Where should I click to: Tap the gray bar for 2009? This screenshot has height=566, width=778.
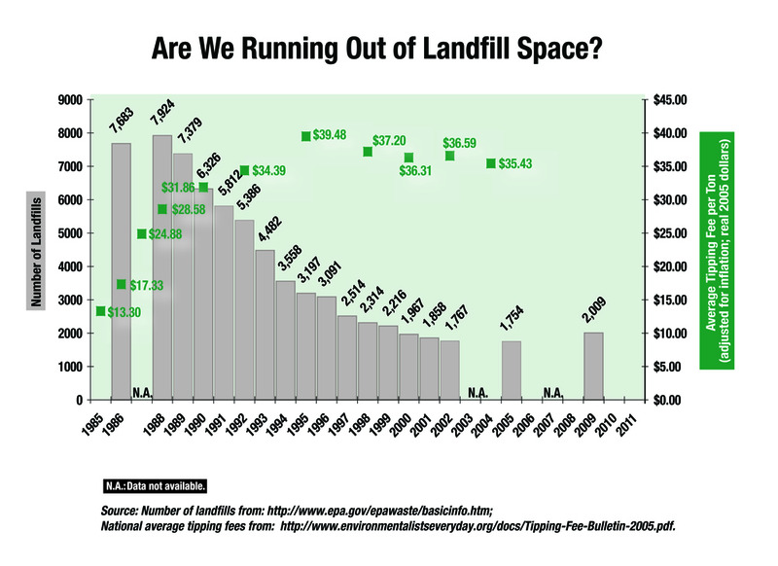pyautogui.click(x=593, y=366)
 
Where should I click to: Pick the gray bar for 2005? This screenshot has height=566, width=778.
pyautogui.click(x=512, y=371)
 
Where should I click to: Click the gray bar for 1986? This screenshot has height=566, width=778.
pyautogui.click(x=122, y=271)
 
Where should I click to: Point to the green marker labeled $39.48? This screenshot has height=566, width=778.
pyautogui.click(x=306, y=136)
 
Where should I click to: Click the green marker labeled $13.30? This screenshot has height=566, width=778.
pyautogui.click(x=100, y=310)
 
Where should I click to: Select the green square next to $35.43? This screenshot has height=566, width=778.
pyautogui.click(x=491, y=163)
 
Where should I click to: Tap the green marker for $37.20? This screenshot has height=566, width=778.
pyautogui.click(x=368, y=152)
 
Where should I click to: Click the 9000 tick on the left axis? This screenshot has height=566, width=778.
pyautogui.click(x=68, y=100)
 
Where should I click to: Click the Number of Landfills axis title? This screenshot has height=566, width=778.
pyautogui.click(x=36, y=250)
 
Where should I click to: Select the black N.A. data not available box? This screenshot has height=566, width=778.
pyautogui.click(x=155, y=484)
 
